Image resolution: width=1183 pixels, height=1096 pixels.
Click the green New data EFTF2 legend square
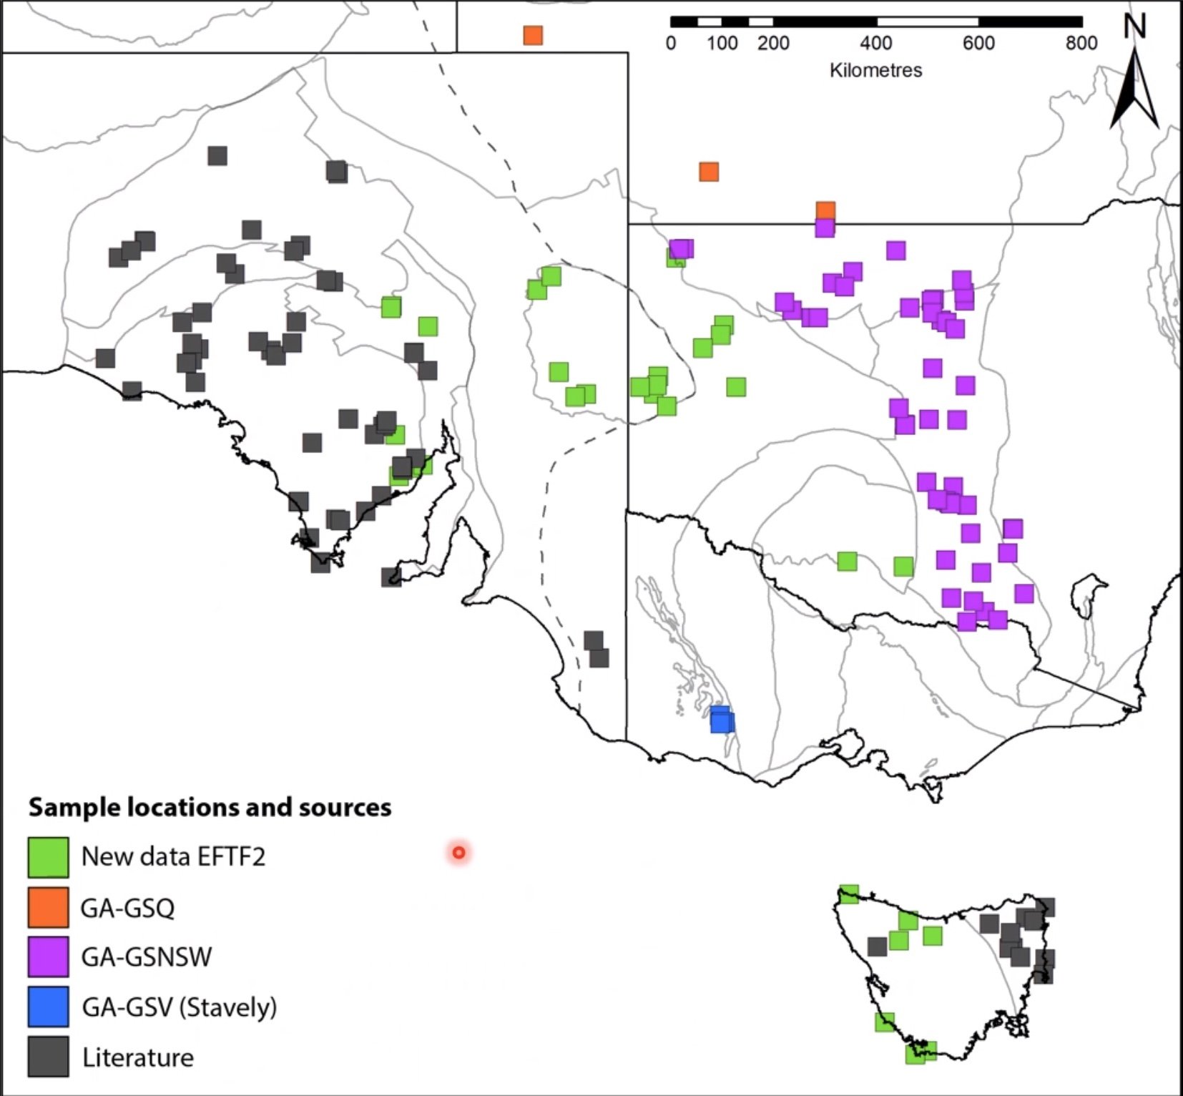[x=49, y=857]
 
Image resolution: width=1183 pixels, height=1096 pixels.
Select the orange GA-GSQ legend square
[x=49, y=907]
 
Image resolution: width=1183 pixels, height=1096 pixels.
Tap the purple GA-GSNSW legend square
[x=49, y=956]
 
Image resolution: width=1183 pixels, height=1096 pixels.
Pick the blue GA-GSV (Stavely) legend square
[x=49, y=1007]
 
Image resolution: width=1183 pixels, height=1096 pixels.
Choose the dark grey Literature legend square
[x=49, y=1057]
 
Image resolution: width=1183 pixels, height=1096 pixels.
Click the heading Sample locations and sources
[x=210, y=807]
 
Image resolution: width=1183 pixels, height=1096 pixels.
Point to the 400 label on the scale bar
[x=876, y=44]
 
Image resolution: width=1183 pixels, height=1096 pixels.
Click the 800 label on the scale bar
[x=1081, y=44]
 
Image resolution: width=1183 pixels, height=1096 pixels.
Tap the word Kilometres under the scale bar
[x=875, y=70]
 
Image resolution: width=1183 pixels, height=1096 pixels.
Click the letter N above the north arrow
[x=1134, y=27]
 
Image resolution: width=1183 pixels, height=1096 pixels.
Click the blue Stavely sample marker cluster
[x=722, y=720]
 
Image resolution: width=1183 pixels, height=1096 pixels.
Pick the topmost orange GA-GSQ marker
[x=533, y=35]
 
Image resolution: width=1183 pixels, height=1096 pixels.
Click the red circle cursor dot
[x=459, y=853]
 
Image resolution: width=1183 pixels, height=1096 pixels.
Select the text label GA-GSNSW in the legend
[x=147, y=957]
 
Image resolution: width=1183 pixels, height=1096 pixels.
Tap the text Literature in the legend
[x=138, y=1057]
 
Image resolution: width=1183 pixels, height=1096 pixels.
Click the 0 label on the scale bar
[x=670, y=44]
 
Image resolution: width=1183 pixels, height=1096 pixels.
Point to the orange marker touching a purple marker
[x=825, y=210]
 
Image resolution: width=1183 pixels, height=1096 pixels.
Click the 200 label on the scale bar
[x=773, y=44]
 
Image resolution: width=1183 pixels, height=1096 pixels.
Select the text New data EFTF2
[x=173, y=856]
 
